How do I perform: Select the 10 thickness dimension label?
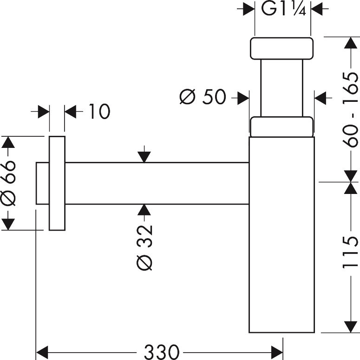98,112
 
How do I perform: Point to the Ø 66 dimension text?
9,183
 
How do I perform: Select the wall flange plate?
57,183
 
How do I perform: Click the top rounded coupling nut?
281,48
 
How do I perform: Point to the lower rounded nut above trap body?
281,127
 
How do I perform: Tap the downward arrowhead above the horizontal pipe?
145,157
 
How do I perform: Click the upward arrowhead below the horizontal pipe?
145,210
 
